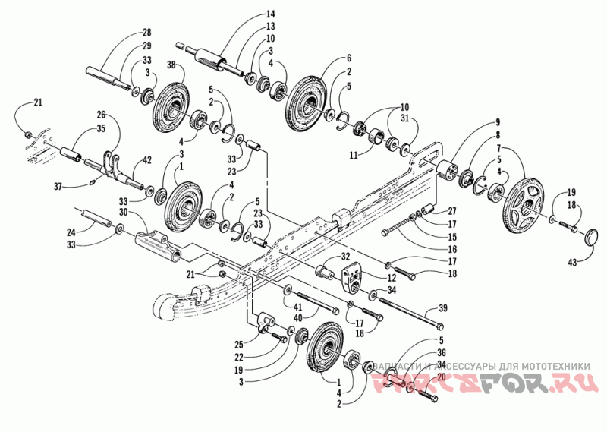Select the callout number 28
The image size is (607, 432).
tap(146, 33)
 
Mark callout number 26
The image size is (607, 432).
tap(102, 115)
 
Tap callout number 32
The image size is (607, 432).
tap(344, 256)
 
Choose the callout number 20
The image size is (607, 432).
tap(440, 375)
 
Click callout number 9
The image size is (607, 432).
tap(498, 122)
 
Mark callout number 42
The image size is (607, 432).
tap(149, 161)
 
